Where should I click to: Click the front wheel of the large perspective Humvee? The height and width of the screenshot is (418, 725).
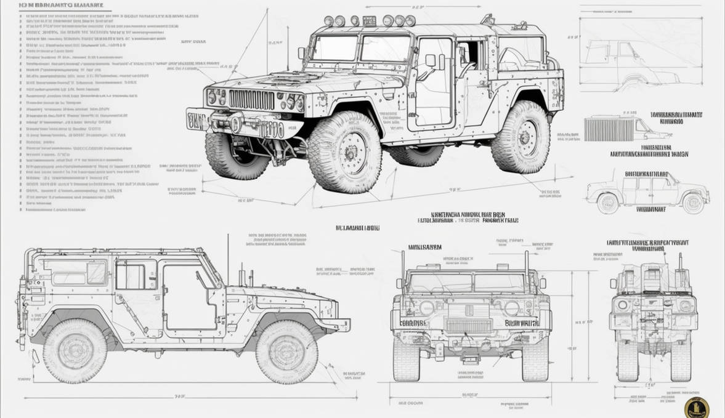344,151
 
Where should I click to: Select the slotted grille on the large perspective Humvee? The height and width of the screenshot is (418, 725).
251,99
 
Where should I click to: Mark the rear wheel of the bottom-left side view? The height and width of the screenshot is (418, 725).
75,351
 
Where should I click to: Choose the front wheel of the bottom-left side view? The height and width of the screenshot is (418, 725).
286,351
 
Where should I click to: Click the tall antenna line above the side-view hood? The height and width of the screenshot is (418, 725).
228,259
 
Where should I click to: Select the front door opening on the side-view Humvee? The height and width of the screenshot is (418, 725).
188,295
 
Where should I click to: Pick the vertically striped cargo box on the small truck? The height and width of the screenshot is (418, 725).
608,129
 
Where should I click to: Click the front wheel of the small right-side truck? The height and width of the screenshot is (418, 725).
693,203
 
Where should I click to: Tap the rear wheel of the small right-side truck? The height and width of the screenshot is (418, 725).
607,203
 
